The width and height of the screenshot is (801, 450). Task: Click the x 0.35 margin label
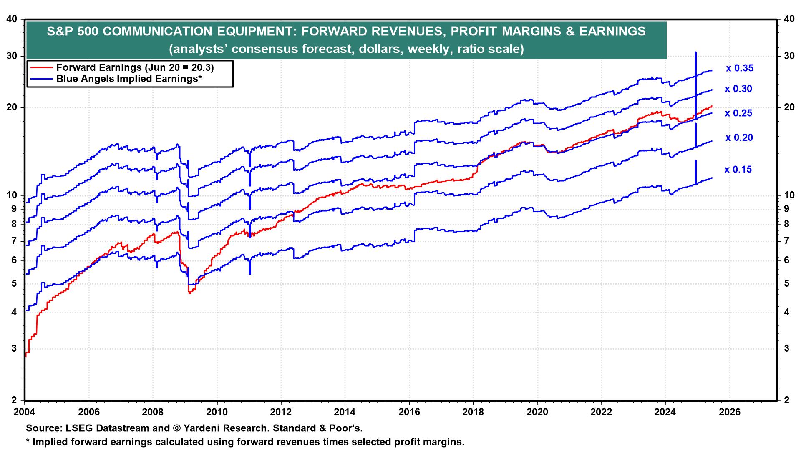[x=739, y=68]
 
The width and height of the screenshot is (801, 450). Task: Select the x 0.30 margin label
[x=738, y=89]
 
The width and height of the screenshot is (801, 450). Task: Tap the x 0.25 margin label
[x=738, y=113]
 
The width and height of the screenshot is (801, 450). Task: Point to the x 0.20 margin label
[x=739, y=138]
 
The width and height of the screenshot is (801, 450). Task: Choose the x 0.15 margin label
[x=738, y=170]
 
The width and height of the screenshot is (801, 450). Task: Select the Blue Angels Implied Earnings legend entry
[x=129, y=79]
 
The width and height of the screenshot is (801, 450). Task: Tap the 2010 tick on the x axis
[x=217, y=412]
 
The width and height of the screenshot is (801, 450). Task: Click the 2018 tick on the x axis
[x=473, y=412]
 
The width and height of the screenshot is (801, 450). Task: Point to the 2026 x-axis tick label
[x=729, y=412]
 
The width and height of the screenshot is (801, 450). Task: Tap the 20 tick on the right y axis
[x=788, y=107]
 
